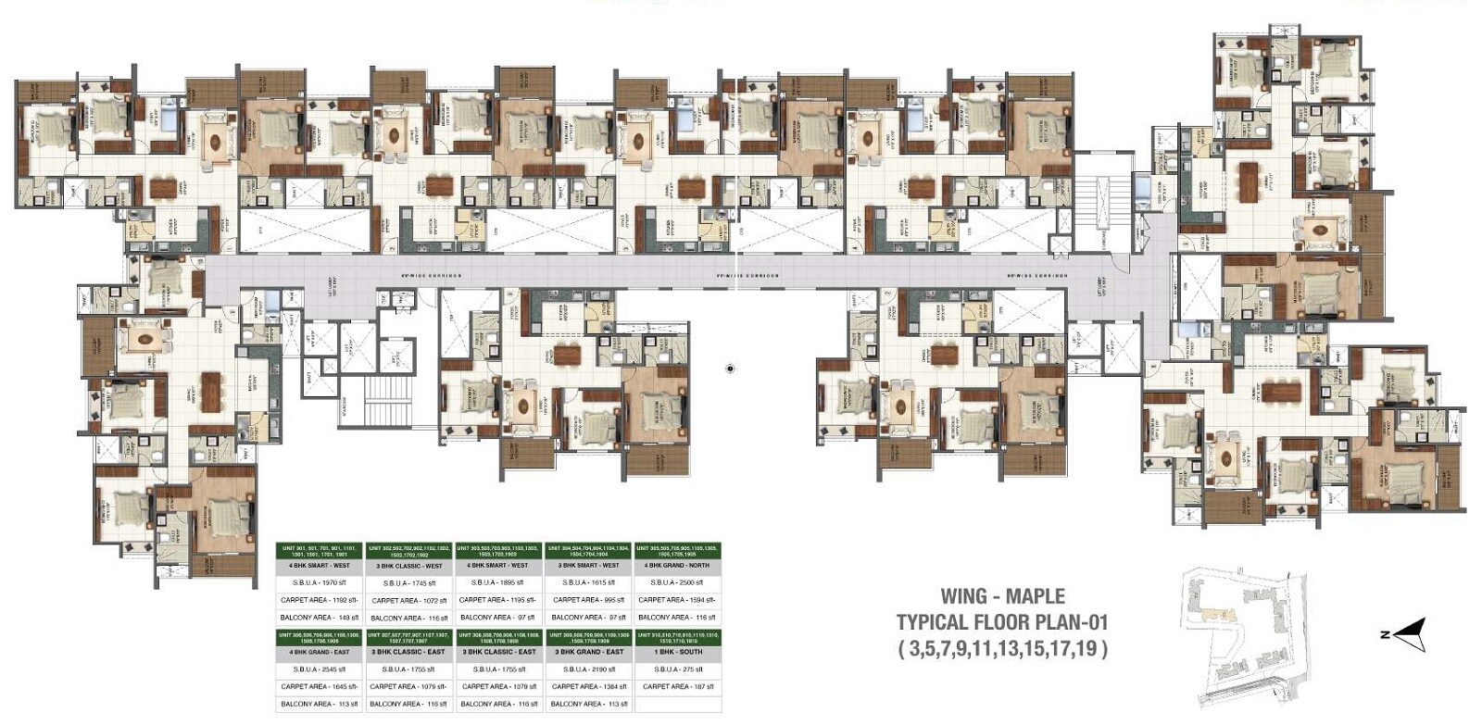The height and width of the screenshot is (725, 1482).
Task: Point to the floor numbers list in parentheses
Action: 1001,647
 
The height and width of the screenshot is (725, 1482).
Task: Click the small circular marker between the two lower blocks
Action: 730,369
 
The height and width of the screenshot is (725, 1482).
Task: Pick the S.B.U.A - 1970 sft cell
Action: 320,582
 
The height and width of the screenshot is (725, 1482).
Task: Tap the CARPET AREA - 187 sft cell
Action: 677,686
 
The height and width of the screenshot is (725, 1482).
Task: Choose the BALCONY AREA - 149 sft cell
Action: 320,617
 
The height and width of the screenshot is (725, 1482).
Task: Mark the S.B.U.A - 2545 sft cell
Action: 320,669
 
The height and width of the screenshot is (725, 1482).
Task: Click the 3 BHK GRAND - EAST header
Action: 589,652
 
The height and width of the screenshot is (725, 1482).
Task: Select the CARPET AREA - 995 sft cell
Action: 589,600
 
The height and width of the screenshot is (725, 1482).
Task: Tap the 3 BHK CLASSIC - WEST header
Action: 408,565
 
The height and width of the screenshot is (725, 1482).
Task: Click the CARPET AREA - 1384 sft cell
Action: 589,686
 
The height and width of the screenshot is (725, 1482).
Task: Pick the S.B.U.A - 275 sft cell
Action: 677,669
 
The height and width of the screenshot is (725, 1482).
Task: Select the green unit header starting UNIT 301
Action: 320,549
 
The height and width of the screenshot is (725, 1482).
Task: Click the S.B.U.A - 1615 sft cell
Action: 589,582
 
